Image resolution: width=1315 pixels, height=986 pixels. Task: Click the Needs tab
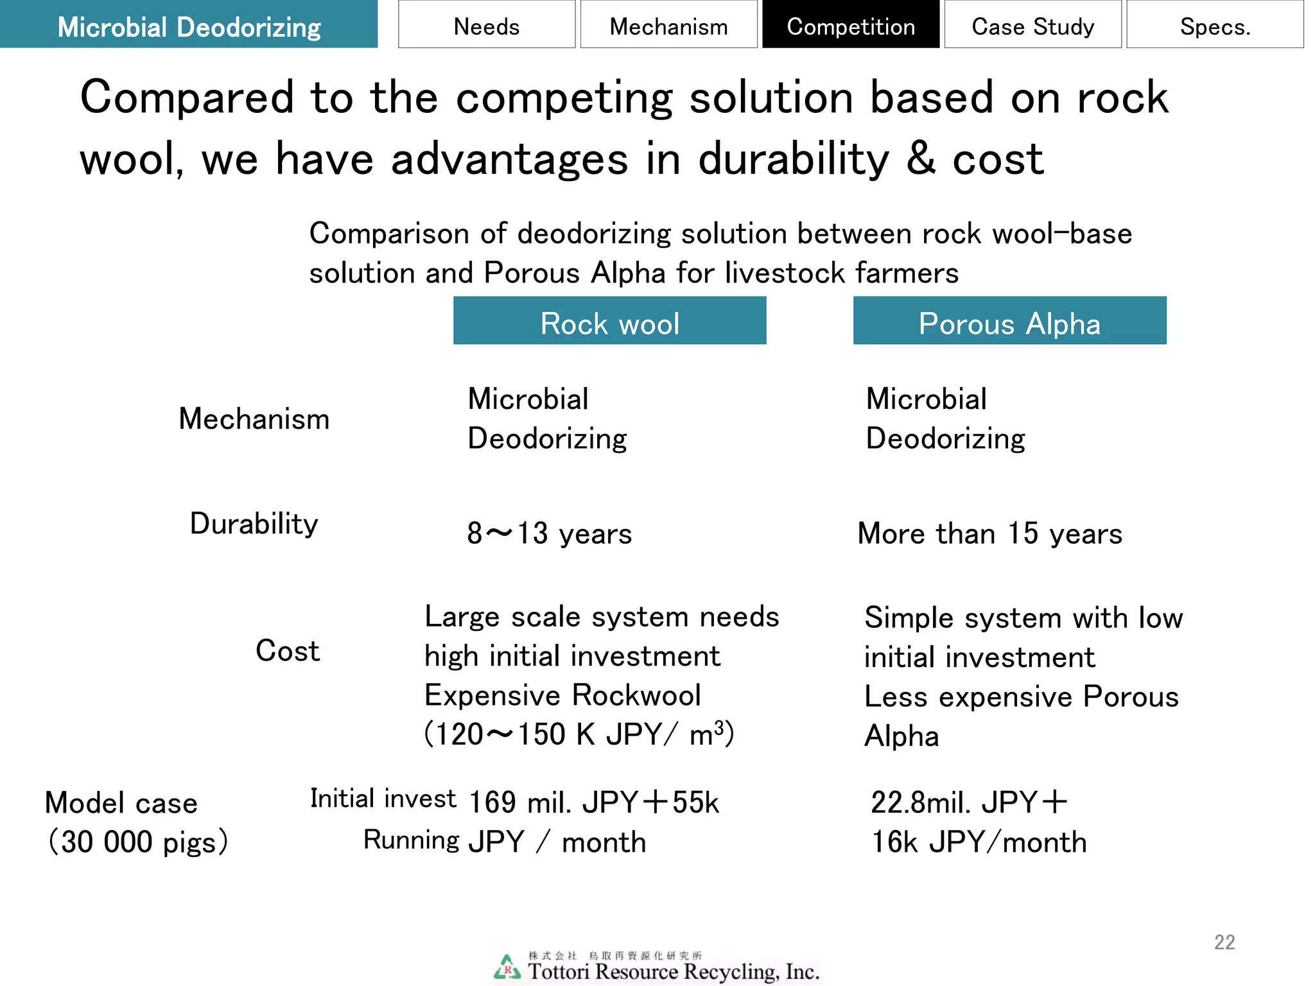point(486,25)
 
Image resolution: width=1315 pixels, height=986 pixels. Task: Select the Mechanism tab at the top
point(668,25)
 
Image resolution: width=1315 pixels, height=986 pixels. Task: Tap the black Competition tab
point(851,25)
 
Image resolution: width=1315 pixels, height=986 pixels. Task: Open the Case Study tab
point(1032,25)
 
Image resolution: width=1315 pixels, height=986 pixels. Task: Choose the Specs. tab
point(1215,25)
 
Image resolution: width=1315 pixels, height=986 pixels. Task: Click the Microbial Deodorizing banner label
point(189,25)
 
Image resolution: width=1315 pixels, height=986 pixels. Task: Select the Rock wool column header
point(609,321)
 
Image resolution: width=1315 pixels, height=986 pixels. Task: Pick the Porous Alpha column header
point(1009,321)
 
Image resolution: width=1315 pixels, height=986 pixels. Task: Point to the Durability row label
point(254,524)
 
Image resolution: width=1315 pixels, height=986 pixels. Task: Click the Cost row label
point(287,651)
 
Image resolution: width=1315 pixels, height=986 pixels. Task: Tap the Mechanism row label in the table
point(254,419)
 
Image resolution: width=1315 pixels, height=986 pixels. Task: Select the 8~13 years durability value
point(549,533)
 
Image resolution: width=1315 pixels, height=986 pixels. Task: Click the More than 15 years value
point(989,533)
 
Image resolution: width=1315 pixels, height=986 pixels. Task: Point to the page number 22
point(1224,942)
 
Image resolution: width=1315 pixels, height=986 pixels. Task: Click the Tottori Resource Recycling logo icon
point(507,967)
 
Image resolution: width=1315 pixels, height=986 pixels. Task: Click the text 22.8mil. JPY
point(954,802)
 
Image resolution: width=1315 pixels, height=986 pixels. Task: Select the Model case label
point(121,803)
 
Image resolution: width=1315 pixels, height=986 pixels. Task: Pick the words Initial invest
point(383,799)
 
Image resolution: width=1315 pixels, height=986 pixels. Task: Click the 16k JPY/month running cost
point(979,842)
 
